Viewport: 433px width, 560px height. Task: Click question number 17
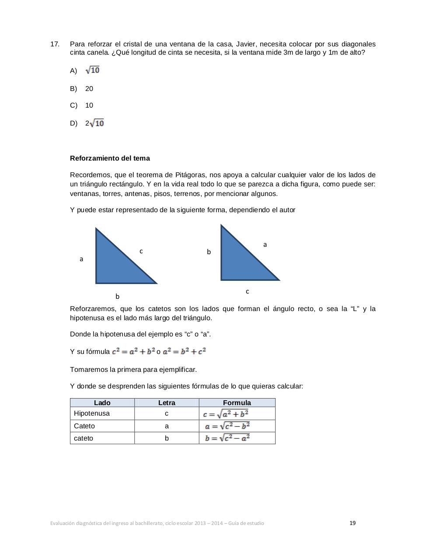(x=55, y=44)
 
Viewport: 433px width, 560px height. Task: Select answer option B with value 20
(x=89, y=89)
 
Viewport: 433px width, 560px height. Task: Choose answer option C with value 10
(x=89, y=105)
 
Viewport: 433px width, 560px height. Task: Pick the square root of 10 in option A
(x=93, y=70)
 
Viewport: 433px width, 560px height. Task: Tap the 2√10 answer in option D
(x=95, y=123)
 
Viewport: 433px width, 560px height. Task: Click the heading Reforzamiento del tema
(x=110, y=158)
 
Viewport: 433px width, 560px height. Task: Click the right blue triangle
(x=238, y=262)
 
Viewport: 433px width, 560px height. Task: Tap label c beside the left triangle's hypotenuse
(x=141, y=251)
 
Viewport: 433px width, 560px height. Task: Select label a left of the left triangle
(x=81, y=259)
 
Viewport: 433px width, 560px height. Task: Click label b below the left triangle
(x=117, y=297)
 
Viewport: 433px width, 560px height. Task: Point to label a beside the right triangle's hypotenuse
(x=265, y=245)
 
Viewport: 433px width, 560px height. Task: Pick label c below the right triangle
(x=248, y=291)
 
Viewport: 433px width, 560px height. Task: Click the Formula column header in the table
(x=237, y=403)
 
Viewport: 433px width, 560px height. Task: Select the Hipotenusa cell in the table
(x=92, y=413)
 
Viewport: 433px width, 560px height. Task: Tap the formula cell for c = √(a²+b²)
(x=226, y=414)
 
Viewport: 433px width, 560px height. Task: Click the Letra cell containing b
(x=167, y=438)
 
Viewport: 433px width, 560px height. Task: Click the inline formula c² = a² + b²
(x=133, y=351)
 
